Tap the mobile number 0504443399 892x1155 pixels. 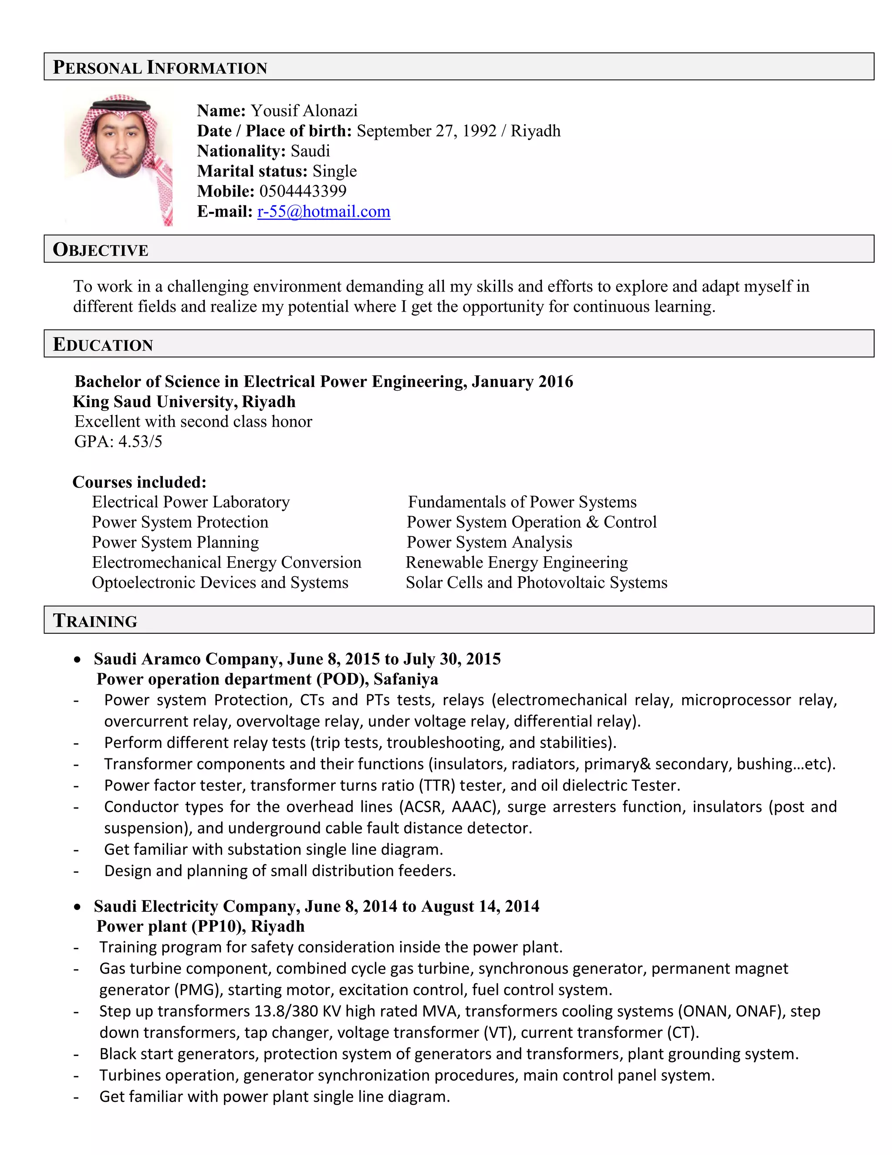(303, 191)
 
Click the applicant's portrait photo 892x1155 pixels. (119, 159)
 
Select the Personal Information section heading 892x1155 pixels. (160, 67)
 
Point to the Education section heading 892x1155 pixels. (103, 344)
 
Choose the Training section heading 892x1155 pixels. (95, 620)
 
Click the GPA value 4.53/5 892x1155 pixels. (140, 441)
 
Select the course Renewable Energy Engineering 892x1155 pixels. (516, 562)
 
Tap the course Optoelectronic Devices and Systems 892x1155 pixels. (220, 582)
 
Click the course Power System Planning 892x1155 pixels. (176, 542)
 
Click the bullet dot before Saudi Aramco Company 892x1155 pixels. (78, 659)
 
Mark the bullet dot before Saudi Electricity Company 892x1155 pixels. (78, 907)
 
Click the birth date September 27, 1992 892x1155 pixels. (426, 131)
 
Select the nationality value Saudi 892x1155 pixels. (310, 151)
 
